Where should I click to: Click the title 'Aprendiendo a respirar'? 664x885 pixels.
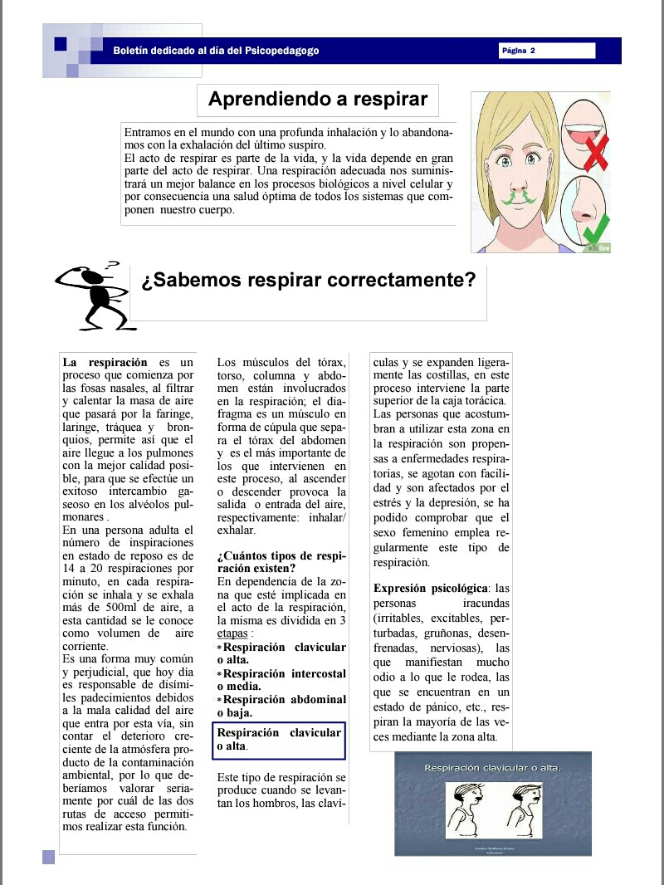pyautogui.click(x=317, y=100)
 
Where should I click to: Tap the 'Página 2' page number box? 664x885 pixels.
pyautogui.click(x=547, y=51)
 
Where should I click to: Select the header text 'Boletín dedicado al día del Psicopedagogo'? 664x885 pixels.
pyautogui.click(x=216, y=51)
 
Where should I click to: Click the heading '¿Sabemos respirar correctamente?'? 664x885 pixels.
pyautogui.click(x=308, y=281)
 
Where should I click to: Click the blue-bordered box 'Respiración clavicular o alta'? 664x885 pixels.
pyautogui.click(x=279, y=739)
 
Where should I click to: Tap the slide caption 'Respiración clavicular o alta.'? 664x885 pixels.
pyautogui.click(x=493, y=767)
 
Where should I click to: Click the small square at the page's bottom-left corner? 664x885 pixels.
pyautogui.click(x=48, y=856)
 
